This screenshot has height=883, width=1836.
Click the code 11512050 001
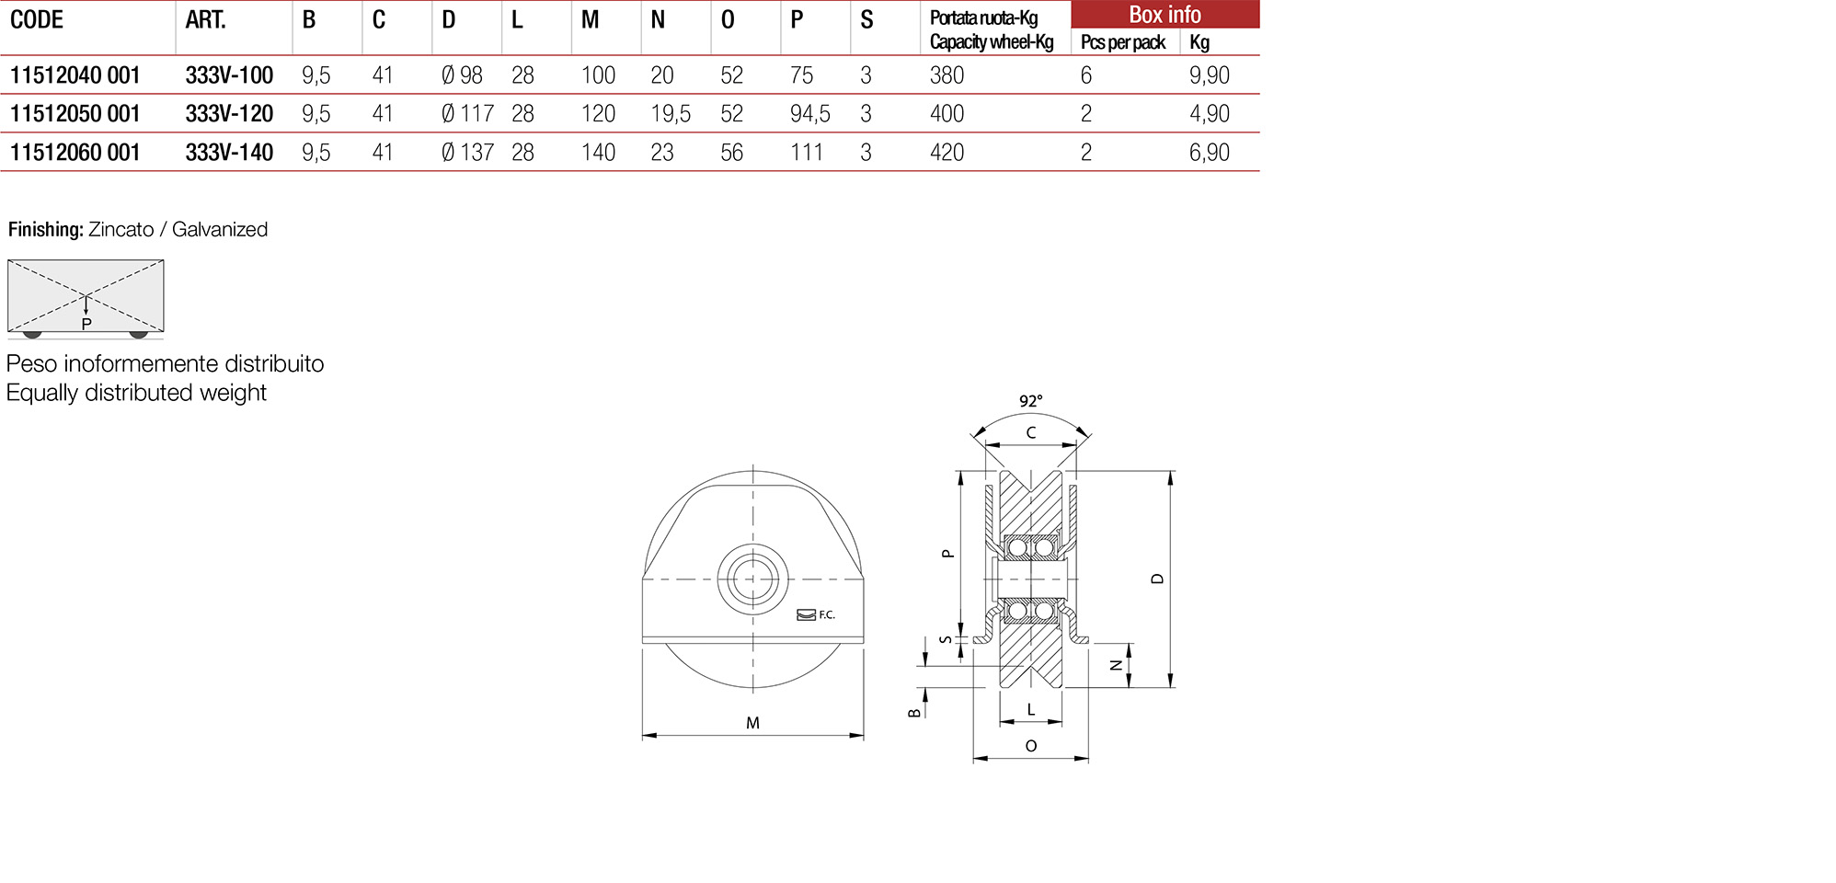click(75, 114)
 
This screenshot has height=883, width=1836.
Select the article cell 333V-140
click(229, 153)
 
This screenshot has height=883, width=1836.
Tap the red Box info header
click(1165, 15)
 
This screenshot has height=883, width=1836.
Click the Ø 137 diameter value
click(467, 153)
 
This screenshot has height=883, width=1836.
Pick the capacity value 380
click(947, 75)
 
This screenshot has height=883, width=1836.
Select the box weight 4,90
click(1209, 114)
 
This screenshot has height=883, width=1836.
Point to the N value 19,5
click(670, 114)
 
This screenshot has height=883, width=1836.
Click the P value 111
click(807, 153)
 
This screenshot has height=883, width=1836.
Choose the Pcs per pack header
click(1122, 42)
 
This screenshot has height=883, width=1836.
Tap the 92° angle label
click(1030, 401)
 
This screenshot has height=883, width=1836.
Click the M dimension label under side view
click(752, 723)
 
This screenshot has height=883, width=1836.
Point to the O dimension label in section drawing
click(1030, 746)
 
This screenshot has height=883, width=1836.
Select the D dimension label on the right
click(1157, 579)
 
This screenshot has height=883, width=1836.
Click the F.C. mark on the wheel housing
click(826, 615)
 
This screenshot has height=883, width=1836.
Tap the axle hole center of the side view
click(752, 579)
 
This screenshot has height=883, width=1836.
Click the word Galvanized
click(220, 230)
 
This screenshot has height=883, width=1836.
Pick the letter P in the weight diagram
click(86, 324)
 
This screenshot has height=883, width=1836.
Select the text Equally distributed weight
click(136, 393)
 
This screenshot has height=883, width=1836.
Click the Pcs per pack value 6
click(1086, 75)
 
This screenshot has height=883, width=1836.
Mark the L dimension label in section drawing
click(1030, 710)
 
